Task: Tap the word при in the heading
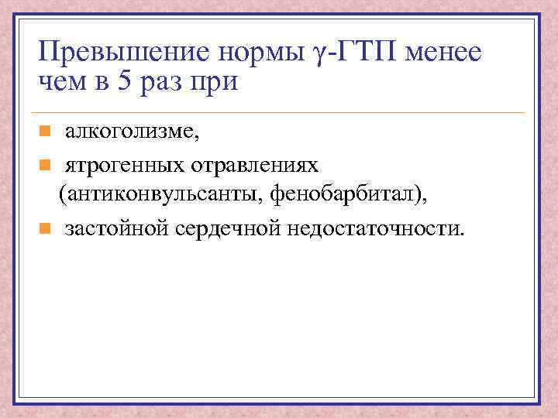(218, 83)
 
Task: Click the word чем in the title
(60, 83)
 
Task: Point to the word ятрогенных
(124, 165)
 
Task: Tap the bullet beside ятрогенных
(45, 165)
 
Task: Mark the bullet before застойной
(45, 229)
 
